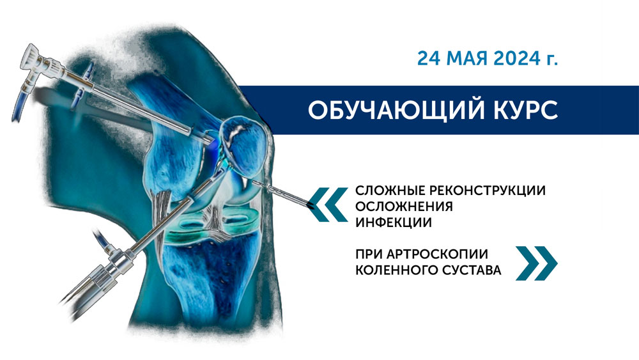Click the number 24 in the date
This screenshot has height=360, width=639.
point(429,59)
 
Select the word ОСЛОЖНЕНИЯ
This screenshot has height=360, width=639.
point(404,207)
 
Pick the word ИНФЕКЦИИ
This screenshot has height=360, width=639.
point(393,223)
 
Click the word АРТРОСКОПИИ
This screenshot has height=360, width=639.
point(437,254)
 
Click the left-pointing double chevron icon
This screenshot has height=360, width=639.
point(328,204)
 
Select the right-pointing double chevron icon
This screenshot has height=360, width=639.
point(536,263)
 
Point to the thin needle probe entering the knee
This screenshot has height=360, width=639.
point(281,192)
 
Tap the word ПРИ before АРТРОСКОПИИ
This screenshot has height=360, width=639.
point(369,254)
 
